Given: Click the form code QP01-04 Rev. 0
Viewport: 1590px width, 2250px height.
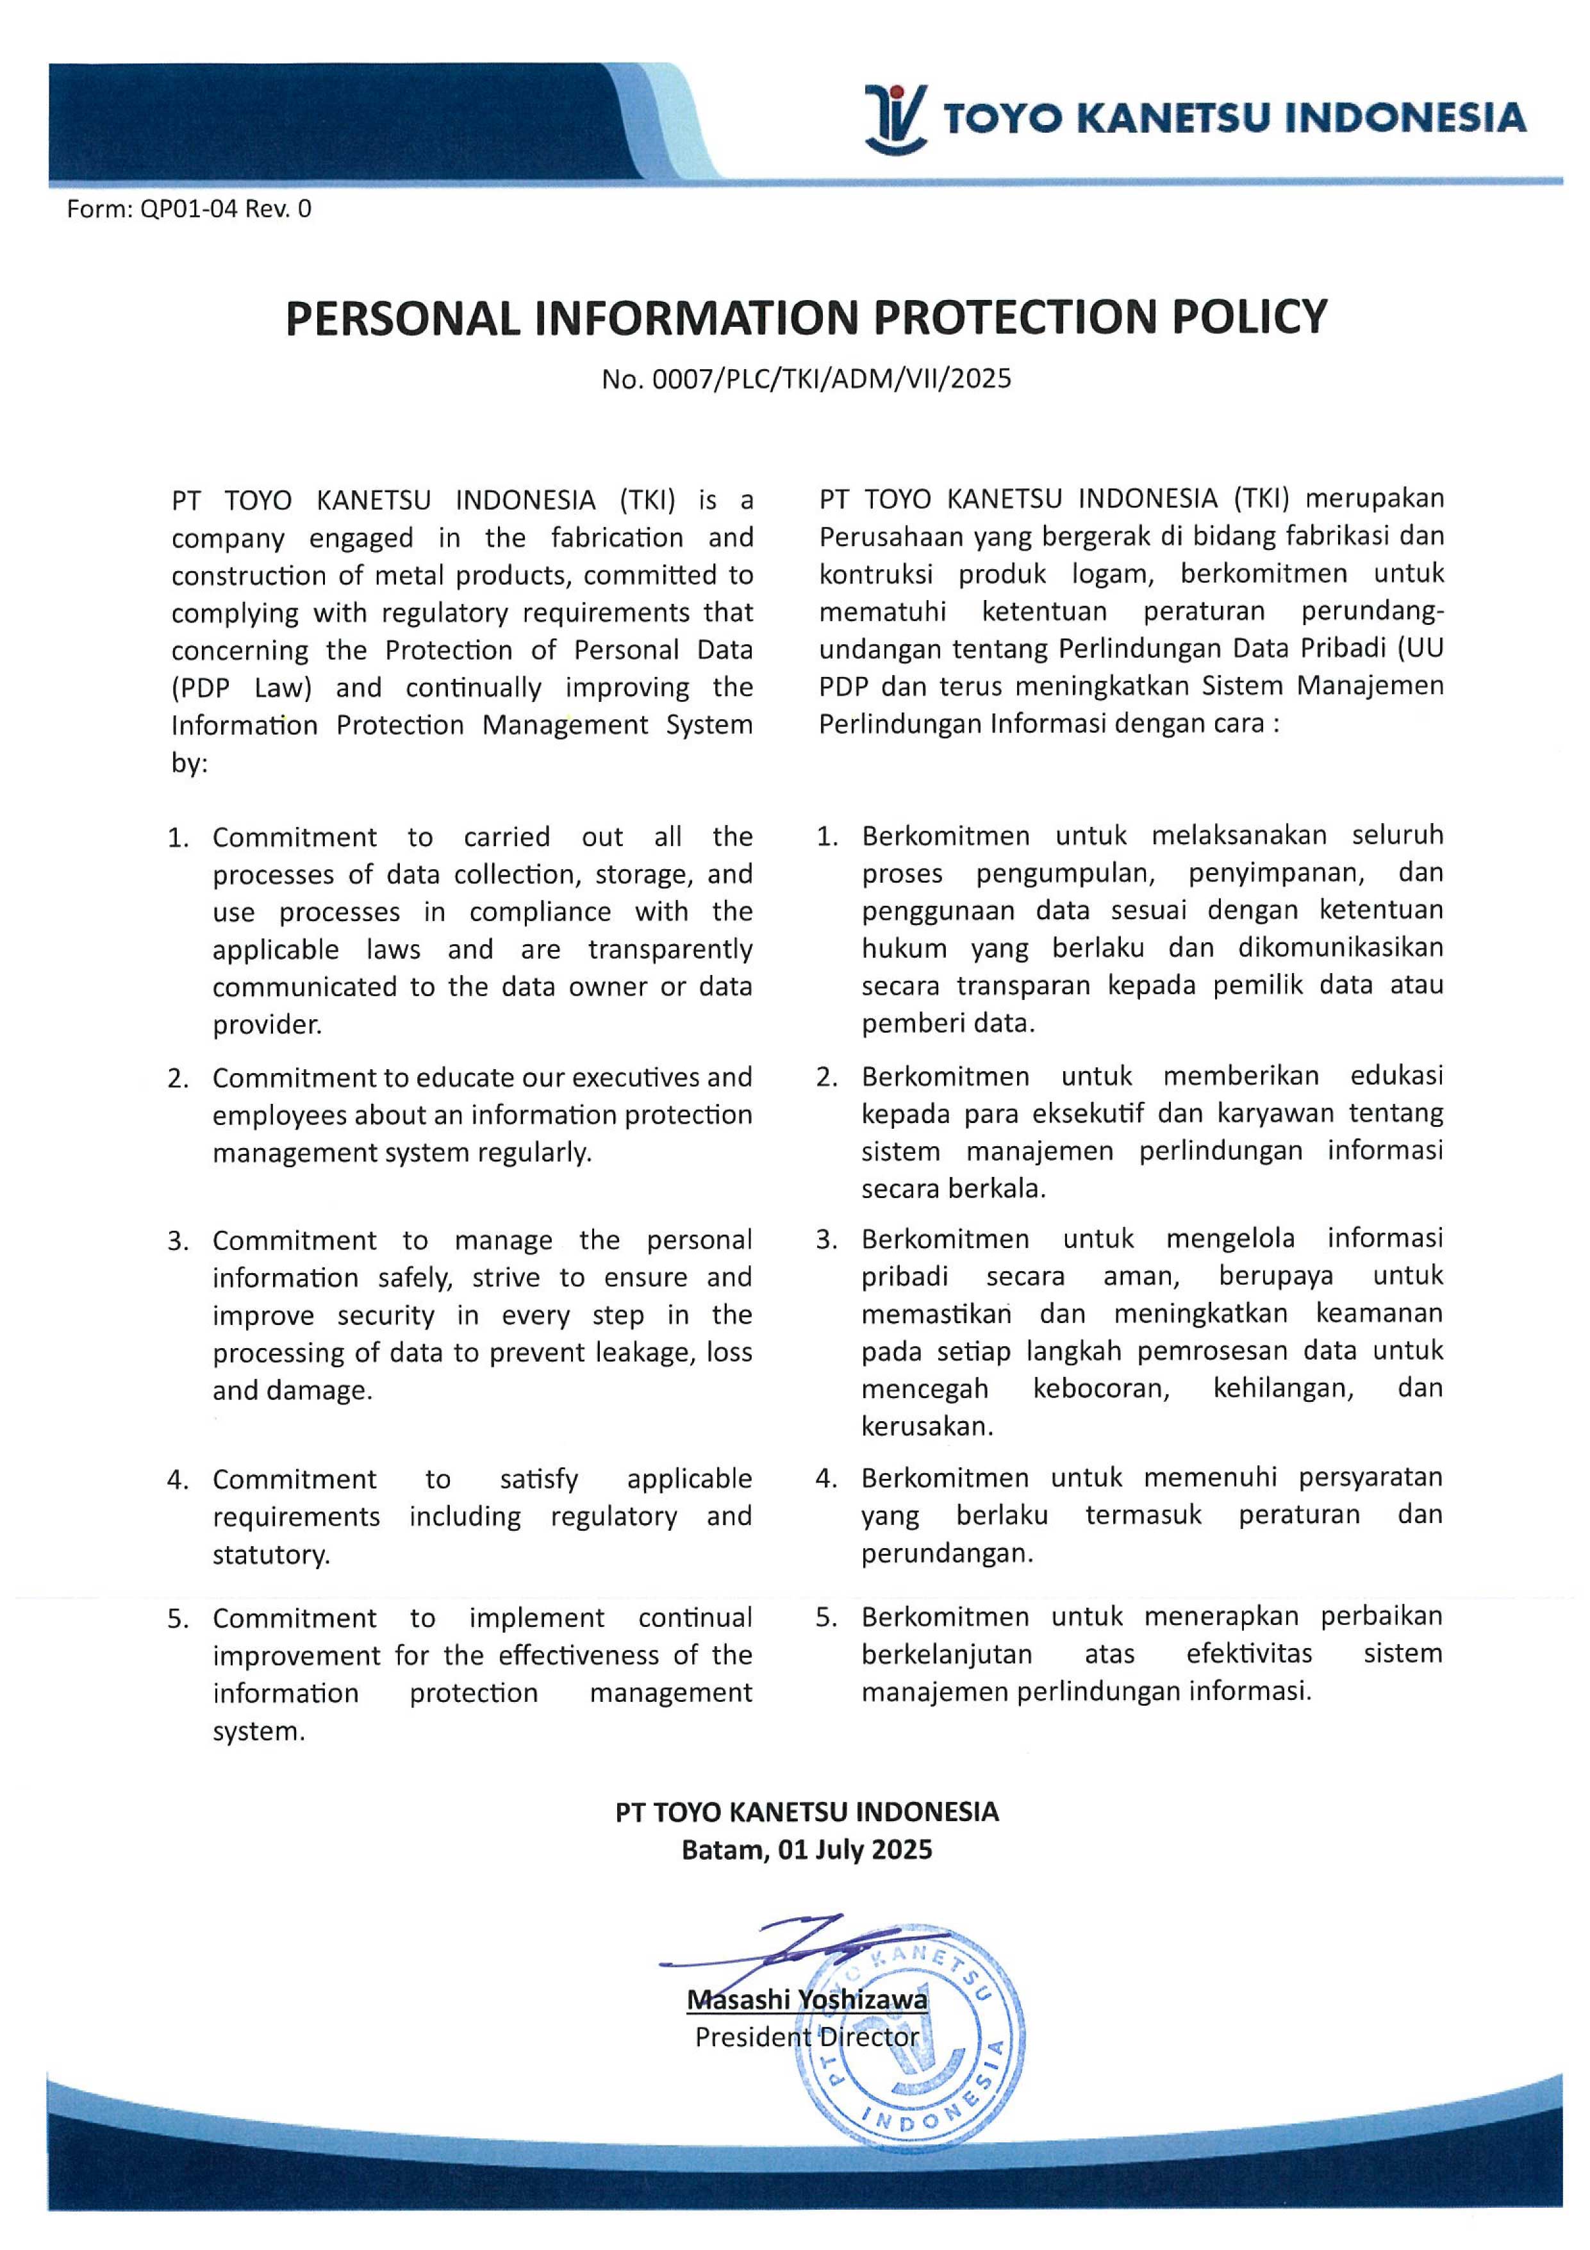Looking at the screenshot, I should pyautogui.click(x=189, y=209).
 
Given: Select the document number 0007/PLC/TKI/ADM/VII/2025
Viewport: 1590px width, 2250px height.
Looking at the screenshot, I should pyautogui.click(x=806, y=379).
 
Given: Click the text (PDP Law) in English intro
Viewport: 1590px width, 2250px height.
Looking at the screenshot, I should pyautogui.click(x=241, y=688).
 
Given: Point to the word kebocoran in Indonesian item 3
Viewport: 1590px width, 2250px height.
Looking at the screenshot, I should pyautogui.click(x=1100, y=1388).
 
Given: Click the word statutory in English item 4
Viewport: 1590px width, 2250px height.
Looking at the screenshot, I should pyautogui.click(x=270, y=1555).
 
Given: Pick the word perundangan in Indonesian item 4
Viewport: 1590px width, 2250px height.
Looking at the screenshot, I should pyautogui.click(x=947, y=1553).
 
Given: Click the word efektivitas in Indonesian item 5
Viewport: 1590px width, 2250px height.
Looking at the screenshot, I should pyautogui.click(x=1248, y=1654).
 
